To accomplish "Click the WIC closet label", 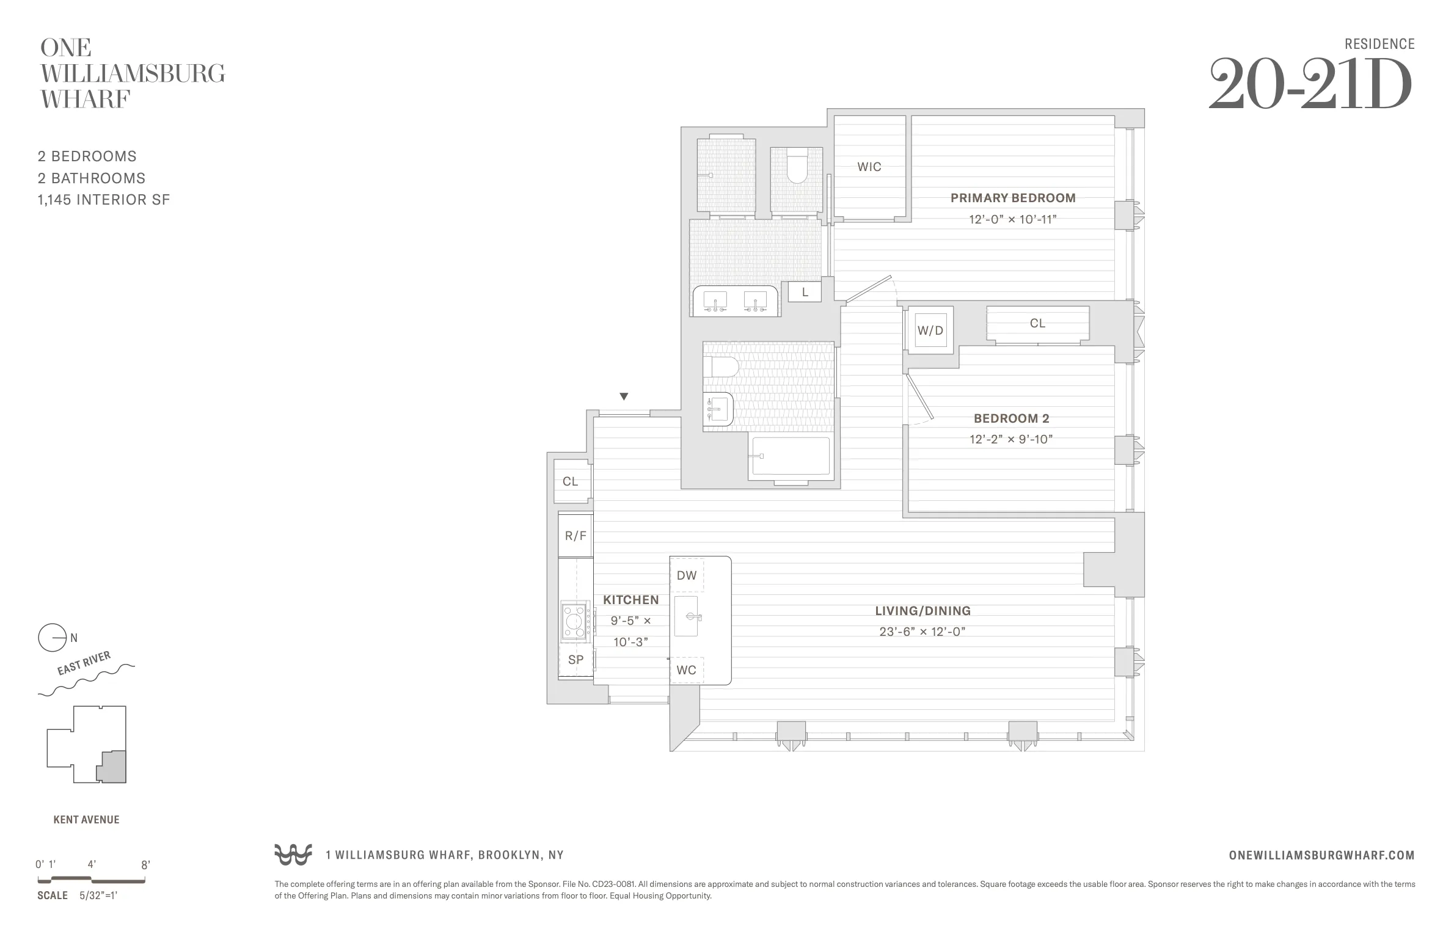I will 869,167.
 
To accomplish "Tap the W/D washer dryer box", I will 930,330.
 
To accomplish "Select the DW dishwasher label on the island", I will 687,575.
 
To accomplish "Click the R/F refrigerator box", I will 575,536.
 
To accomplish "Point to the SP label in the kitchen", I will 575,660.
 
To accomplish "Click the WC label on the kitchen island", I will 686,670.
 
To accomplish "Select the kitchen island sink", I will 687,616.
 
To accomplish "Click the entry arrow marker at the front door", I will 624,396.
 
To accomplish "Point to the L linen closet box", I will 805,293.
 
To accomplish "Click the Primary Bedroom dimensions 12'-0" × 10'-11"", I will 1012,219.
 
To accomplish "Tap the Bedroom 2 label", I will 1011,418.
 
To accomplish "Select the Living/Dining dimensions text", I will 922,632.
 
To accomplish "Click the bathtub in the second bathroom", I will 791,456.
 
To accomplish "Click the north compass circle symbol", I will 52,638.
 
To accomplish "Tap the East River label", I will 84,663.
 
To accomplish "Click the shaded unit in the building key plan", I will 112,767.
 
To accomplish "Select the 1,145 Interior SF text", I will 103,200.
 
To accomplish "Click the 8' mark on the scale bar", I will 145,865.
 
